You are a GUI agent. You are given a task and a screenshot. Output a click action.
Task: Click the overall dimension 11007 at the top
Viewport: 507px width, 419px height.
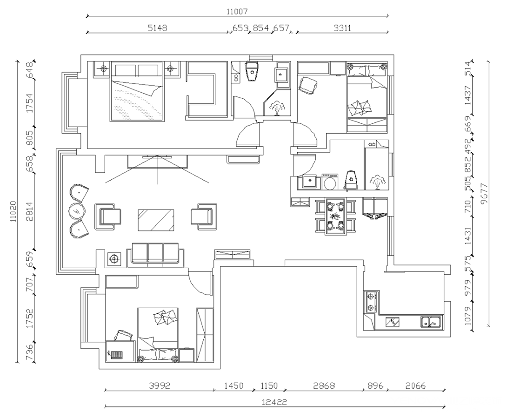pos(237,12)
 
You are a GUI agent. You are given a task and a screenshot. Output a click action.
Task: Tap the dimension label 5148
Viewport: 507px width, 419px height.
pos(158,28)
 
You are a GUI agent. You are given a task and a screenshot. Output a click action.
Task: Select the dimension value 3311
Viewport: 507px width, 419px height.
pos(342,28)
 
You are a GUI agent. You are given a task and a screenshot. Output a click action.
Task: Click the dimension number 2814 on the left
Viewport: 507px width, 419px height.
pos(29,211)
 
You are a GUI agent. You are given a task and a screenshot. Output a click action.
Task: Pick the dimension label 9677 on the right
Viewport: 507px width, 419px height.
pos(484,194)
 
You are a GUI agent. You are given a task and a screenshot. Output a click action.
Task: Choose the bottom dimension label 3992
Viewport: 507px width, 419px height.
pos(160,385)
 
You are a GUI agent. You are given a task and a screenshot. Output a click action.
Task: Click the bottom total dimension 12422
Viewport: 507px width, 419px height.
pos(274,402)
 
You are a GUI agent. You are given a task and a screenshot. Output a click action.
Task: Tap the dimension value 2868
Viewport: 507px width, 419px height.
pos(324,385)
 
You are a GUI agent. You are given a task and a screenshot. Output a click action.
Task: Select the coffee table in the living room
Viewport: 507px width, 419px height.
pos(156,220)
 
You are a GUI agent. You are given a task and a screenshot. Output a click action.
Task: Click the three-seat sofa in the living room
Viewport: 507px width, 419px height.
pos(155,255)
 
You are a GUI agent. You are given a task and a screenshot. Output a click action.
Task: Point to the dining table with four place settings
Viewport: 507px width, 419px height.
pos(335,216)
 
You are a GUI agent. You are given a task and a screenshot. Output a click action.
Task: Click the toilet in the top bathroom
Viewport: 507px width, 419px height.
pos(252,71)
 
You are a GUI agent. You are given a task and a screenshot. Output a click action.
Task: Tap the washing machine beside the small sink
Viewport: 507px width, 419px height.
pos(330,182)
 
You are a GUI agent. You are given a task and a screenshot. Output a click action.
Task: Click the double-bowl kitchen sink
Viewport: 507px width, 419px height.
pos(430,322)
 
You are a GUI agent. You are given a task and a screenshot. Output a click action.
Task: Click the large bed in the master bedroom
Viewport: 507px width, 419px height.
pos(136,92)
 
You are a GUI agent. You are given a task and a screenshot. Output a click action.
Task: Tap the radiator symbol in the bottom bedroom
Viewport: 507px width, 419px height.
pos(116,355)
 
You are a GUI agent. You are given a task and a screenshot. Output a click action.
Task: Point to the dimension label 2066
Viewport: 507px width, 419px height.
pos(415,385)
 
